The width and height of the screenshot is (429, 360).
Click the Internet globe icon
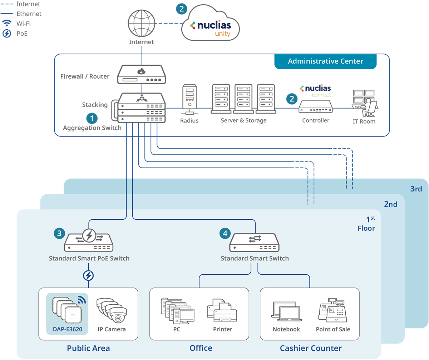pos(141,23)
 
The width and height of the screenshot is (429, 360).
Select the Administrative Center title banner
pos(325,61)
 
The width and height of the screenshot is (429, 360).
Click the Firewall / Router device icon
pos(141,74)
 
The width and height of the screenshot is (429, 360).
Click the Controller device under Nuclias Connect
pos(315,106)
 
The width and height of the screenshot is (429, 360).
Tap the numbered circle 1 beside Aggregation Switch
pos(92,118)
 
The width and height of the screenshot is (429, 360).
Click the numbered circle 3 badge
pos(59,233)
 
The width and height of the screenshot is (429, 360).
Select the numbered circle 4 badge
pos(225,233)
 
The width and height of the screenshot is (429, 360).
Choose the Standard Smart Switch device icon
pos(254,242)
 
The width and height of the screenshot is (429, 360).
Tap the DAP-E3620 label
pos(68,329)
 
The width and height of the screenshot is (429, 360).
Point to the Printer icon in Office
pos(222,310)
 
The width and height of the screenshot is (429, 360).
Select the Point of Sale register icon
pos(332,310)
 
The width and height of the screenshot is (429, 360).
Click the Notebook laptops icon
pos(286,311)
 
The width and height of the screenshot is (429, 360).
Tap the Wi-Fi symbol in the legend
pos(7,23)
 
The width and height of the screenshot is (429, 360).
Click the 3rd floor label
pos(416,189)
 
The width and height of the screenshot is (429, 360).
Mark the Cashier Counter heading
pos(311,348)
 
